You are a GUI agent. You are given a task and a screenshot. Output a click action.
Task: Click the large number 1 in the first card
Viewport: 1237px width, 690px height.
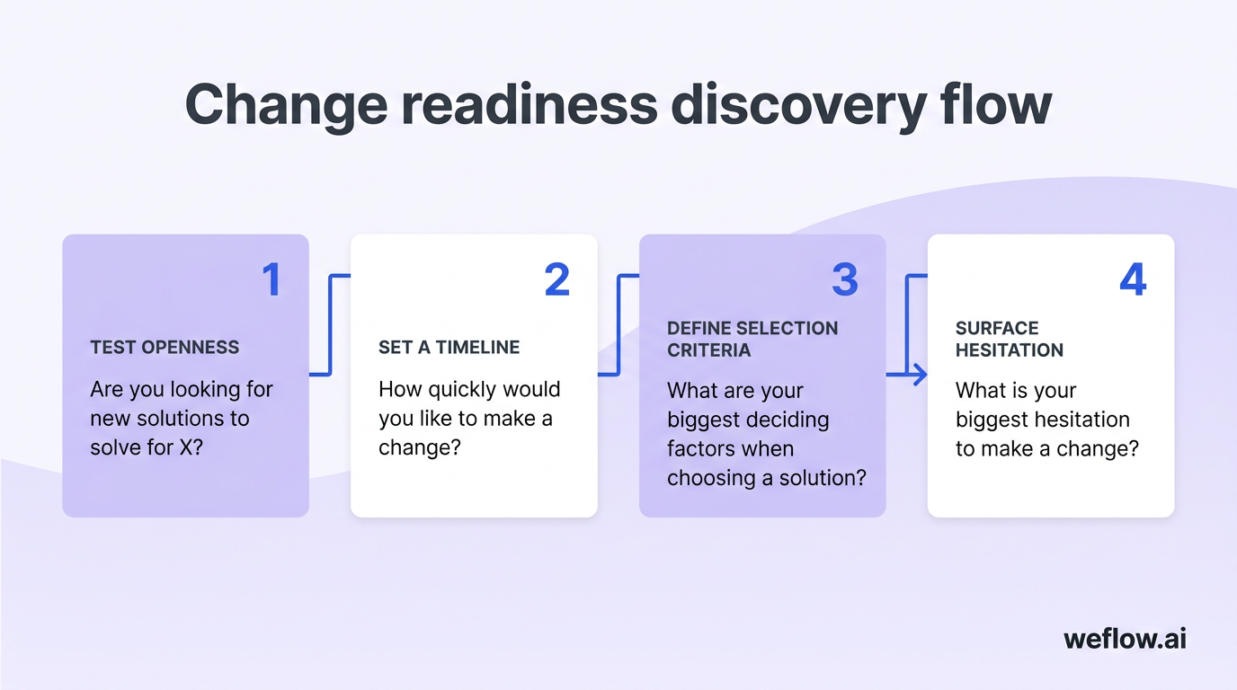click(271, 279)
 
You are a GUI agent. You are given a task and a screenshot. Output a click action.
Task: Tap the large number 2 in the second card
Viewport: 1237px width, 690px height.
click(557, 279)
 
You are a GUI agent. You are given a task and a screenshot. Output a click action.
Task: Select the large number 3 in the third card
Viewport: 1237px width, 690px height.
click(845, 279)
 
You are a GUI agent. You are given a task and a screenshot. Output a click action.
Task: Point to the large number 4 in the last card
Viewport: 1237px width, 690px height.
click(1133, 279)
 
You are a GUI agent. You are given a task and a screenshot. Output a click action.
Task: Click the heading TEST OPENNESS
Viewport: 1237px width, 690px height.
click(165, 348)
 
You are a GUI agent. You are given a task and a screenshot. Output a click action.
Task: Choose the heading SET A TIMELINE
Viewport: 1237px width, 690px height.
click(449, 348)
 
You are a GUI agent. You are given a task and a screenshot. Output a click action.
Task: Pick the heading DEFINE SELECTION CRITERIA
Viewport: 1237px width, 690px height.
click(752, 339)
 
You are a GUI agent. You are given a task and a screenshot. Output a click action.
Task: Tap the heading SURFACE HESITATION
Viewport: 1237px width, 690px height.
click(1009, 339)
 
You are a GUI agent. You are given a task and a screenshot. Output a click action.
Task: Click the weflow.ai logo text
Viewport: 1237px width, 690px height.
click(1125, 639)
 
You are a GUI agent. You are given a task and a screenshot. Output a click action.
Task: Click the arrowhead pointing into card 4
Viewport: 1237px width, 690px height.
click(920, 374)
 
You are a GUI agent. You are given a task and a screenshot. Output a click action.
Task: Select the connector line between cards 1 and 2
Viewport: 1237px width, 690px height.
click(330, 324)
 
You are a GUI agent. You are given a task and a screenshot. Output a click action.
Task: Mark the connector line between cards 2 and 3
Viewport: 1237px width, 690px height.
click(618, 324)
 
